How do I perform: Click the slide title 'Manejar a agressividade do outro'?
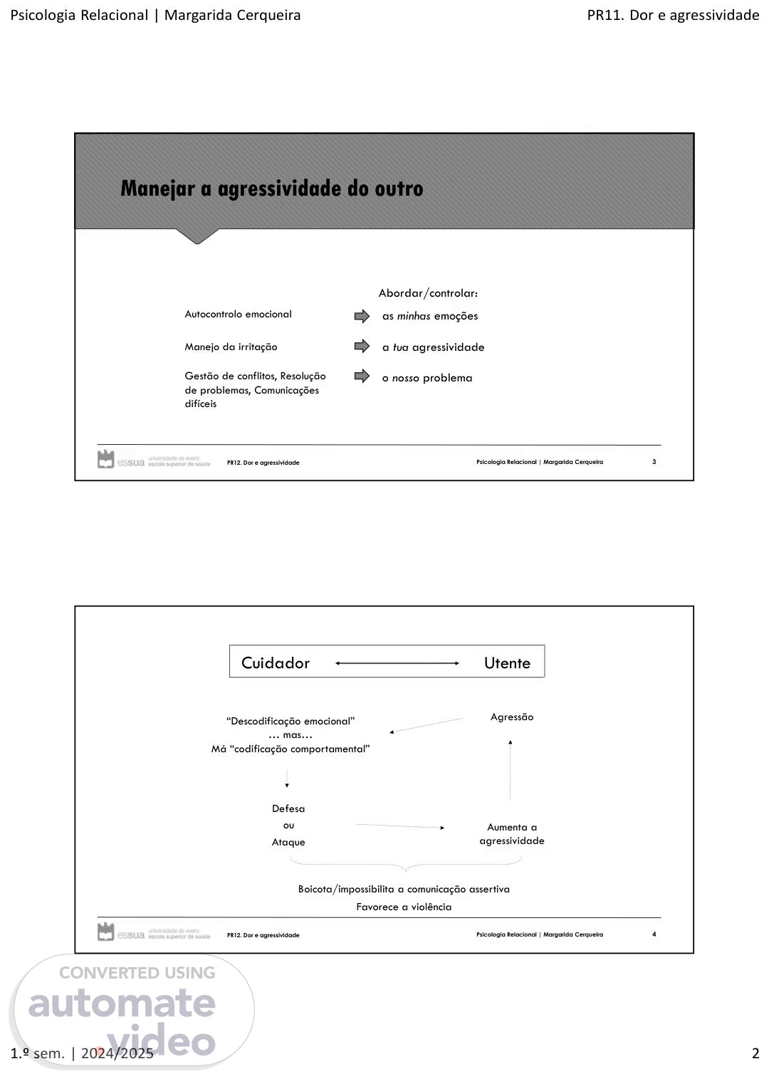click(271, 189)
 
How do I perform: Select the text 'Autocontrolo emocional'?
click(238, 314)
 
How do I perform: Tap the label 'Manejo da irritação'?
click(231, 347)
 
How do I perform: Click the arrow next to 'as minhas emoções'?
click(362, 316)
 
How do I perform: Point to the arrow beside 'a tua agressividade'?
click(362, 347)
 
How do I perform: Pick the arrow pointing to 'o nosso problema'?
click(362, 376)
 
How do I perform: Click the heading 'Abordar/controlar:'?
click(428, 293)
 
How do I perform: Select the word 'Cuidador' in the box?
click(276, 663)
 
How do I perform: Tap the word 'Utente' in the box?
click(507, 663)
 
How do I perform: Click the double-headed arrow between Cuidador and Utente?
click(397, 663)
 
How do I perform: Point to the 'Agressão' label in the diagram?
click(511, 717)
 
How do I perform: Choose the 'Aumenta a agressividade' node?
click(511, 834)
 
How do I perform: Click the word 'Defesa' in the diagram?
click(288, 808)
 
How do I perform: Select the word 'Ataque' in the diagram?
click(288, 843)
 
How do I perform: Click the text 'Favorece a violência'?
click(404, 907)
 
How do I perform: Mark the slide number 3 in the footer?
click(654, 462)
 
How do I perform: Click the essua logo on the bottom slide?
click(121, 933)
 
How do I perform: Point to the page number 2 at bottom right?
click(755, 1054)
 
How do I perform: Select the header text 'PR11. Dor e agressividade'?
click(673, 15)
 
